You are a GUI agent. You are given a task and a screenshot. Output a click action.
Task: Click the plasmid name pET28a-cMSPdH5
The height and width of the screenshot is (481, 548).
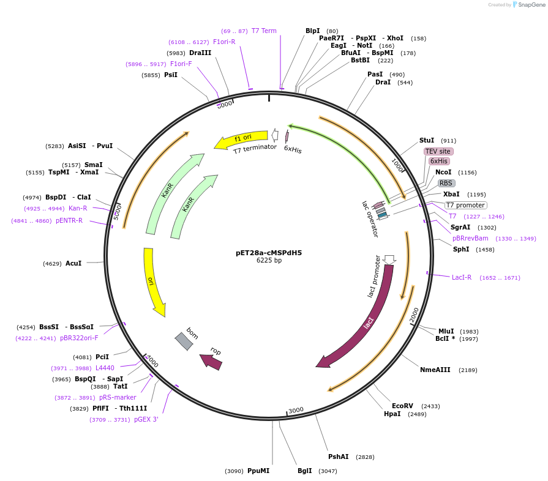click(x=269, y=252)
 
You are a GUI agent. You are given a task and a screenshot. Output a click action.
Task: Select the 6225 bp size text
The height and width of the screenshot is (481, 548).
click(x=269, y=261)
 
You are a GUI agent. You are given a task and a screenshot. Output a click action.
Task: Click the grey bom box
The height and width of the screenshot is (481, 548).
click(x=184, y=341)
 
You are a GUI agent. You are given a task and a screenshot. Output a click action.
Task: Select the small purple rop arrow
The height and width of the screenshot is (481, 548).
click(x=211, y=362)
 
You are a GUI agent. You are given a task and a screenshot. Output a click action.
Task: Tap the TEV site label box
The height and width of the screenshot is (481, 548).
click(x=438, y=151)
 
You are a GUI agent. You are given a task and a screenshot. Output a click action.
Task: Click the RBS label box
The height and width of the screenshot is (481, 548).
click(x=446, y=183)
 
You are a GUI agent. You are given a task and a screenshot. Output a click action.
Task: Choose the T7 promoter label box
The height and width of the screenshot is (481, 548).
click(x=465, y=205)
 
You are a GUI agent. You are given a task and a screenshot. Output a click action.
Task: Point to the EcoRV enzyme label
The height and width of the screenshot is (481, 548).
click(x=403, y=406)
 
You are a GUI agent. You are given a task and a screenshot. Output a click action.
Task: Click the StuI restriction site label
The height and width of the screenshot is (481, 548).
click(x=427, y=140)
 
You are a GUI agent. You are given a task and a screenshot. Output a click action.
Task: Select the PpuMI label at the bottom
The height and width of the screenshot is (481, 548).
click(x=258, y=471)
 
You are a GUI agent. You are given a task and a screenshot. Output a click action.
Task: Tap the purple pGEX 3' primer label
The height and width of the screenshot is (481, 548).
click(x=146, y=419)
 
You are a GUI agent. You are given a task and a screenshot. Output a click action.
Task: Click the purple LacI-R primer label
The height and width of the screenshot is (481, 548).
click(x=462, y=277)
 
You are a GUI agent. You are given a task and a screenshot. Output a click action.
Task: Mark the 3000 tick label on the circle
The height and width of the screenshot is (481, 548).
click(x=296, y=410)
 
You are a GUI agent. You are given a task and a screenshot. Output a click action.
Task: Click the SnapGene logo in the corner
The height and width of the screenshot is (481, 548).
click(x=528, y=5)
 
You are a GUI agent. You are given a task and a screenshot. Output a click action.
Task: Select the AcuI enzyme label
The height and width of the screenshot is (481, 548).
click(x=73, y=263)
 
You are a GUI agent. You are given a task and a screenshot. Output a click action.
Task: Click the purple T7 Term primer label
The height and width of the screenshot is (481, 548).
click(x=264, y=31)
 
